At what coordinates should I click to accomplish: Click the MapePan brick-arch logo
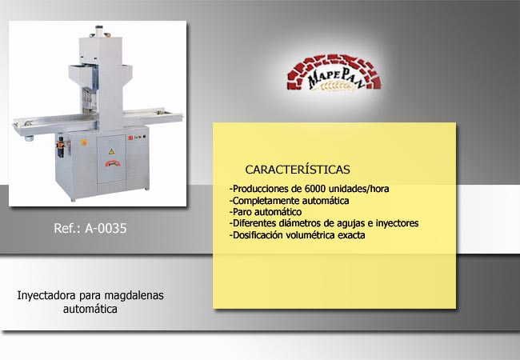coord(334,73)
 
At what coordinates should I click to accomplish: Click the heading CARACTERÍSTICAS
coord(298,170)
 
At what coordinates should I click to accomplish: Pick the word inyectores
coord(397,223)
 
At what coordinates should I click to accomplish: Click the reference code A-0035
coord(106,228)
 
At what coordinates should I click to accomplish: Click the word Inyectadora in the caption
coord(46,295)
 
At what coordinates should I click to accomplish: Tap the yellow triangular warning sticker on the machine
coord(111,151)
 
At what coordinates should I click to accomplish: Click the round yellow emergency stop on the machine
coord(84,142)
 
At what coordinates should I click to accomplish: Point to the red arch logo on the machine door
coord(114,162)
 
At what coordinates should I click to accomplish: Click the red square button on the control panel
coord(130,138)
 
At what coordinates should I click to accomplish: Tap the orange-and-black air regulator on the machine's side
coord(61,146)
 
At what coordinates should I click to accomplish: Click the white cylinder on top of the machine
coord(99,31)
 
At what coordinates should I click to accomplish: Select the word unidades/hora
coord(359,189)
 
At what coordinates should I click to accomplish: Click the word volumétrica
coord(310,235)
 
